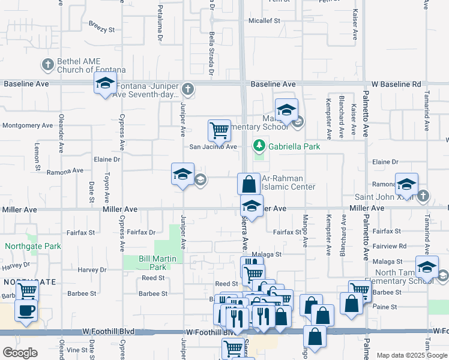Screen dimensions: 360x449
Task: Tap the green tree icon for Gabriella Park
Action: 259,145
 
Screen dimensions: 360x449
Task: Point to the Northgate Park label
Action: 34,246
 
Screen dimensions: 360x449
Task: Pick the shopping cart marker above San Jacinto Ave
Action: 219,130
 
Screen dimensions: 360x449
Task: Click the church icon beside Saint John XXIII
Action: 423,195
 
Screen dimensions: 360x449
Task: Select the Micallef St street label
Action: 265,21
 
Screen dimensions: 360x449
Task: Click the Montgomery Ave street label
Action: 28,125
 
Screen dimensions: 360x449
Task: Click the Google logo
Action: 20,353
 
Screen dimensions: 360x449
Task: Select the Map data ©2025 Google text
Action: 411,355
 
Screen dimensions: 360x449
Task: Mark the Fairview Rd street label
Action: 389,246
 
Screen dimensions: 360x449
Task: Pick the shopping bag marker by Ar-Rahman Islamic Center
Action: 248,184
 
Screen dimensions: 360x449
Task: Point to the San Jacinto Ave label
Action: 213,146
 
